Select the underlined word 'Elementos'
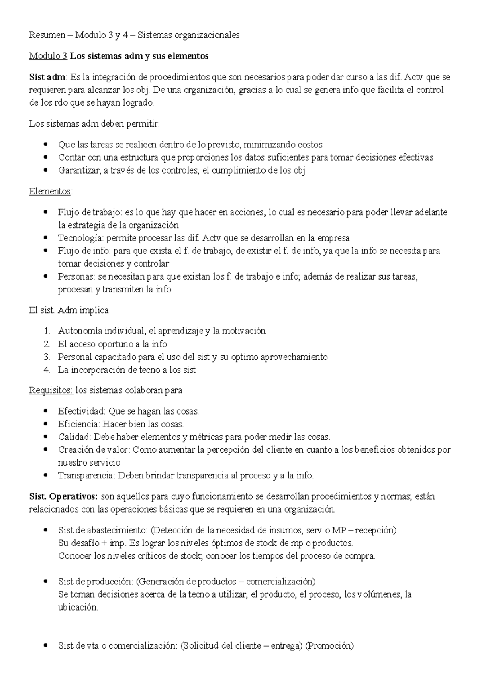coord(50,191)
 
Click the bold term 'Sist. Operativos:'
coord(63,496)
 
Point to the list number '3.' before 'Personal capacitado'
coord(47,357)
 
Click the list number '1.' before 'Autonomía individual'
coord(47,331)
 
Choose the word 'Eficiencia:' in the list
coord(79,424)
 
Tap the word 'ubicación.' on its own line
coord(78,607)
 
